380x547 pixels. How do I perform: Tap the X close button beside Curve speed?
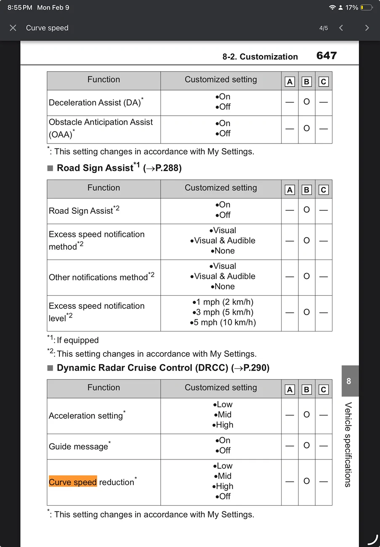[13, 28]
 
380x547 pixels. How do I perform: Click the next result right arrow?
[367, 28]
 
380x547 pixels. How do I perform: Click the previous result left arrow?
[341, 28]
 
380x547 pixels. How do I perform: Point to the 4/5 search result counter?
[324, 28]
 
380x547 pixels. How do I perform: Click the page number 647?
[327, 56]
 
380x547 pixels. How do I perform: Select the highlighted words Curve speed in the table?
[73, 482]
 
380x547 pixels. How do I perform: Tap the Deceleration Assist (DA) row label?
[96, 103]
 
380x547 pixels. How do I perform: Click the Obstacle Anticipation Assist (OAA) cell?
[101, 128]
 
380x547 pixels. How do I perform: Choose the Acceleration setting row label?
[86, 416]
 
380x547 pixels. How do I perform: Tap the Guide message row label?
[79, 446]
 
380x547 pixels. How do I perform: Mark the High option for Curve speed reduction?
[223, 486]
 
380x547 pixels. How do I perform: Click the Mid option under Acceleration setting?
[223, 414]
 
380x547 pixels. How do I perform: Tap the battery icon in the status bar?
[366, 8]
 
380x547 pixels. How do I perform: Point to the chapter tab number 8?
[348, 382]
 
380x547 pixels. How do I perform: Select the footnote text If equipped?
[77, 340]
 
